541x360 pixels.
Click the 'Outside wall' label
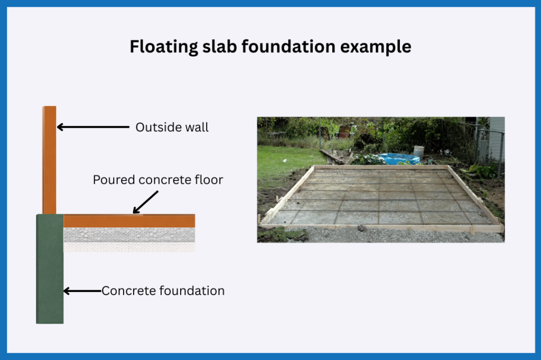tap(172, 127)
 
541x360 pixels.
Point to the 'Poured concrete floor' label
tap(158, 180)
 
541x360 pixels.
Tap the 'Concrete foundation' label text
tap(163, 291)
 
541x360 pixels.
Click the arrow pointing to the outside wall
tap(93, 127)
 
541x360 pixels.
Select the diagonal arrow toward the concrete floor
tap(146, 202)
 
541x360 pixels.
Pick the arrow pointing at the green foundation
tap(82, 291)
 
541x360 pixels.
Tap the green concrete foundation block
tap(50, 274)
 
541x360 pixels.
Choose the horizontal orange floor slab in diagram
tap(129, 221)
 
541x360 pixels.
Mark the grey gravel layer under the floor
tap(129, 235)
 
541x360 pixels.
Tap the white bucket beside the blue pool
tap(419, 151)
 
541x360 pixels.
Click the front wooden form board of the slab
tap(380, 228)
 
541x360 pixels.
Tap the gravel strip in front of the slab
tap(380, 236)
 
